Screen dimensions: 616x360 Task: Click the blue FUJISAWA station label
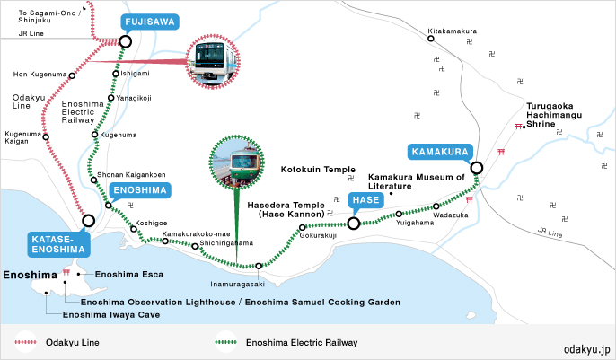(x=150, y=22)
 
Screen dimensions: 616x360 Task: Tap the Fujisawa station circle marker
(x=126, y=41)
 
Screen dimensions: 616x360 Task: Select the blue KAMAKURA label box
(x=440, y=152)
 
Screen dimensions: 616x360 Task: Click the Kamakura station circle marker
(x=477, y=168)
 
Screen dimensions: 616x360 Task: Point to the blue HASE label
(x=365, y=200)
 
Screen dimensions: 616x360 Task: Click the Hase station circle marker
(x=354, y=224)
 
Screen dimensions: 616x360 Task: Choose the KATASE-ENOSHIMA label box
(x=58, y=244)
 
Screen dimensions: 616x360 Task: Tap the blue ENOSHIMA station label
(x=140, y=190)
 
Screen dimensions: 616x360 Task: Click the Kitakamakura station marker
(x=431, y=39)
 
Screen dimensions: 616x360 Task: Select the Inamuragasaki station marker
(x=259, y=266)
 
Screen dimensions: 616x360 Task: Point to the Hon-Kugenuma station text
(x=40, y=75)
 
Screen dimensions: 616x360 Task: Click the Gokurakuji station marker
(x=302, y=227)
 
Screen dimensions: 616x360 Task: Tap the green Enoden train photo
(x=237, y=162)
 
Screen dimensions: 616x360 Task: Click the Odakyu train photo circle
(x=213, y=62)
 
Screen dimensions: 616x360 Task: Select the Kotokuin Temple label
(x=318, y=170)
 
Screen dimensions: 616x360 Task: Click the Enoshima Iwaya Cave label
(x=111, y=314)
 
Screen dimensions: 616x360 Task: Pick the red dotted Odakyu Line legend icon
(x=25, y=342)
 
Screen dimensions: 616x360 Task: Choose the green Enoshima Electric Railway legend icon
(x=226, y=342)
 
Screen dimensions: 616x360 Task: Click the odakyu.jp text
(x=587, y=349)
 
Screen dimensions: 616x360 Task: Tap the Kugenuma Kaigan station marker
(x=46, y=137)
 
